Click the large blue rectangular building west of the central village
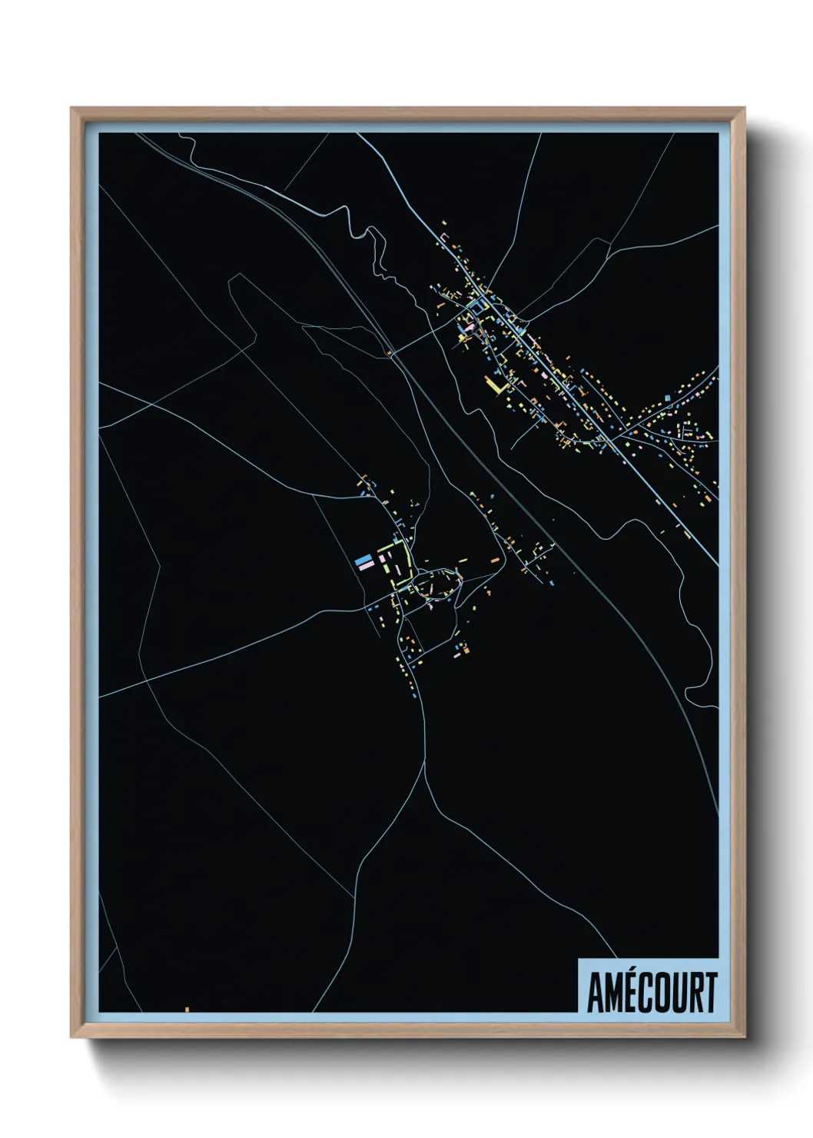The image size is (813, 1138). pos(363,560)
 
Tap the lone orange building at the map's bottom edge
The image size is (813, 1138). pos(187,1009)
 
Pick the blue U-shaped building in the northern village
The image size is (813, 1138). pos(478,308)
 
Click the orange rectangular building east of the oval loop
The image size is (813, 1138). pos(495,561)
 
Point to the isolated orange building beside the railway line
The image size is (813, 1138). pos(390,354)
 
